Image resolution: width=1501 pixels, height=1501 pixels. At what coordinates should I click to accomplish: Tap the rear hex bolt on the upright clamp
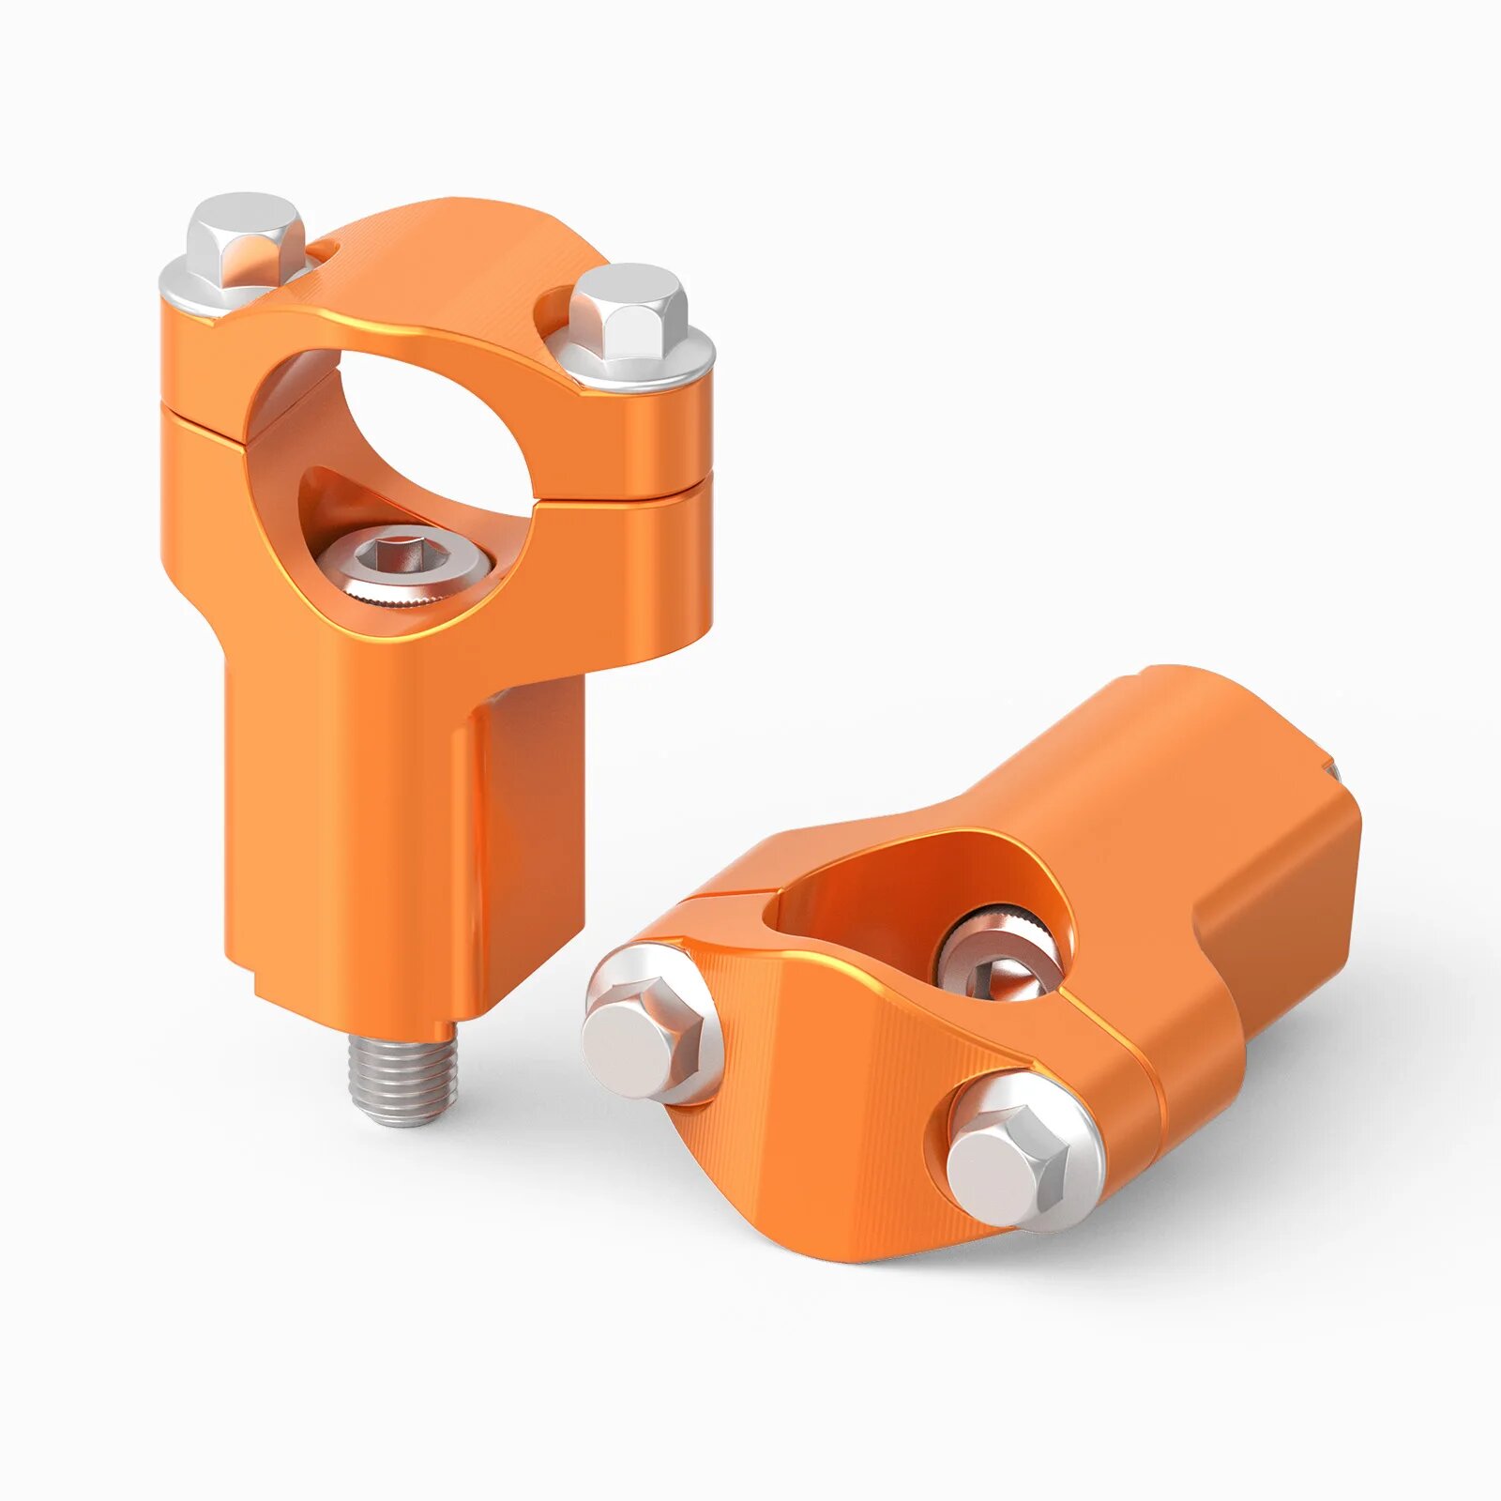click(x=246, y=238)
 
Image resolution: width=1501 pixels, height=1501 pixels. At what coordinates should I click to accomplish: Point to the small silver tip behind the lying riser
click(x=1333, y=771)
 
